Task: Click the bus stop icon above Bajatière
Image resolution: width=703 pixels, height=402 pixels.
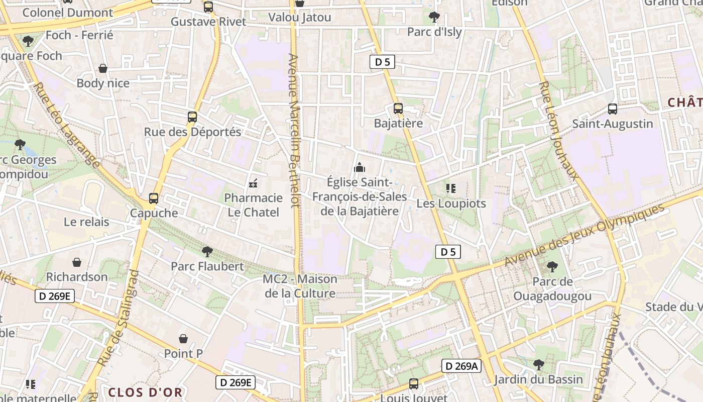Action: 398,108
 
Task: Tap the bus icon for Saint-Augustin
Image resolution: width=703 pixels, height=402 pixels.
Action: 612,109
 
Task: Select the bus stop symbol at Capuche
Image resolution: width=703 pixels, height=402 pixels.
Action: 154,198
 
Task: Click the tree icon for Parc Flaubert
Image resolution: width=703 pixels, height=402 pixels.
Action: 207,251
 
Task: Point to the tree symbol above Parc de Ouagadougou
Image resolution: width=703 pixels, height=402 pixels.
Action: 552,267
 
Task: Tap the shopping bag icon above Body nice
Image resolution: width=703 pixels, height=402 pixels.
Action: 103,68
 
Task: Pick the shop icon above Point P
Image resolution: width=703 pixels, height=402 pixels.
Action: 183,339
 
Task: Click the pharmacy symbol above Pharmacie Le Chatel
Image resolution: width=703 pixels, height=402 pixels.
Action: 253,183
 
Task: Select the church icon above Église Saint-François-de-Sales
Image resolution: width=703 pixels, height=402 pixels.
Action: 360,167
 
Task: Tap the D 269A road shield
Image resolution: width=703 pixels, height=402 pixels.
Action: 461,366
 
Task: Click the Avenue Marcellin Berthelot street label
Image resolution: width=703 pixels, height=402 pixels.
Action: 294,131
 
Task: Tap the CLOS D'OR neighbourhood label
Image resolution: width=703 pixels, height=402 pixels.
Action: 145,392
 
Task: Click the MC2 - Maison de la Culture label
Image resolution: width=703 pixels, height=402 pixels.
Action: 300,286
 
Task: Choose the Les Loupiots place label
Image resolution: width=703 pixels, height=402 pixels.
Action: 451,204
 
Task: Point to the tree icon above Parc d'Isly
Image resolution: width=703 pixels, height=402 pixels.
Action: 434,18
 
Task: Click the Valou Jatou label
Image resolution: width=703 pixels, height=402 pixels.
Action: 300,18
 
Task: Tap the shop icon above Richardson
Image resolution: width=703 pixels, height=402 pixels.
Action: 77,262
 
